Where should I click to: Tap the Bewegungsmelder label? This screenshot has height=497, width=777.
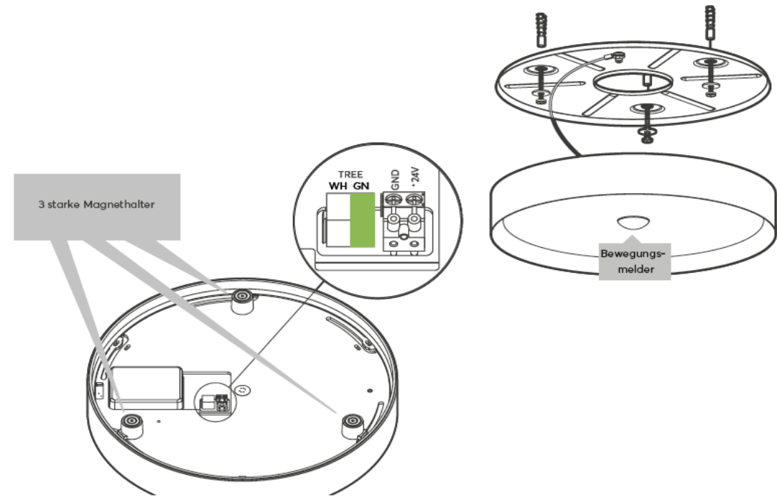[633, 260]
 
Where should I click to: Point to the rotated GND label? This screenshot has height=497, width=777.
[394, 179]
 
